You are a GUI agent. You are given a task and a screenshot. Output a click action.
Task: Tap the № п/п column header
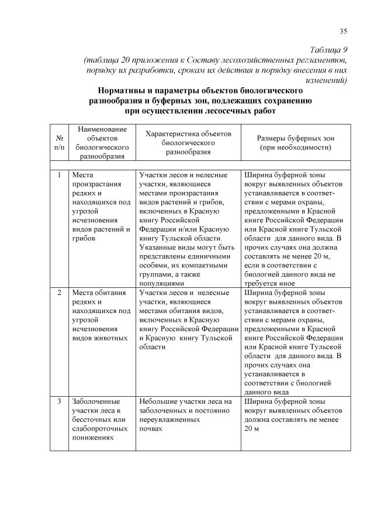[59, 142]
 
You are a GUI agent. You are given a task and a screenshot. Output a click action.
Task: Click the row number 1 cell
[59, 174]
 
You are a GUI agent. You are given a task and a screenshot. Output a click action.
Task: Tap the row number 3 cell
[59, 401]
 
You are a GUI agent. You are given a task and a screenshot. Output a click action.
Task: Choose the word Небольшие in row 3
[158, 401]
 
